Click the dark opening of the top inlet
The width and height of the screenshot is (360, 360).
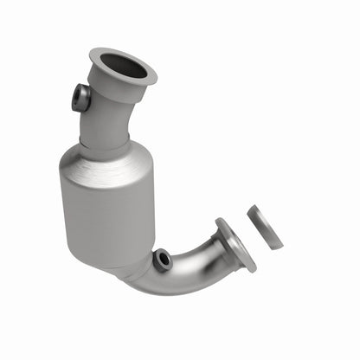tap(122, 65)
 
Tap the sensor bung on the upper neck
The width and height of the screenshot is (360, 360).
tap(81, 97)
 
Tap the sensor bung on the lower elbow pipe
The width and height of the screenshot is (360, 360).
tap(162, 259)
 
